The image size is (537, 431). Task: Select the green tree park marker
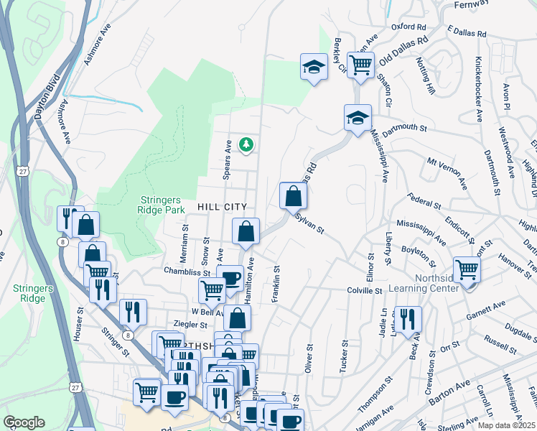pyautogui.click(x=246, y=145)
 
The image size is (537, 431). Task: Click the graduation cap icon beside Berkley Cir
pyautogui.click(x=312, y=68)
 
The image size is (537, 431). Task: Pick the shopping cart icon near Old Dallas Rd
pyautogui.click(x=360, y=65)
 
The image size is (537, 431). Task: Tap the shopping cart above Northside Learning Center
pyautogui.click(x=467, y=270)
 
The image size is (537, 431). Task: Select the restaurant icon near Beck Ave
pyautogui.click(x=407, y=319)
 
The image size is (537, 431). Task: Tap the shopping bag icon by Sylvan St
pyautogui.click(x=293, y=195)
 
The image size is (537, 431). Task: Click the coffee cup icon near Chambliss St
pyautogui.click(x=230, y=278)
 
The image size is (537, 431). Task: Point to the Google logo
pyautogui.click(x=24, y=422)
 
